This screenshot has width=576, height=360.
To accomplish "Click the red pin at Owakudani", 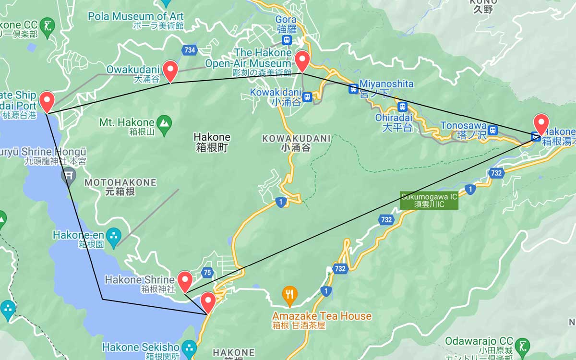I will click(x=170, y=71).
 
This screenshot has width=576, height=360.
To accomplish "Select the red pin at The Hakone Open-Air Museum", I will click(x=302, y=61).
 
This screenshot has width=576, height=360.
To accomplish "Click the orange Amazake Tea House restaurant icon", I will click(x=289, y=294).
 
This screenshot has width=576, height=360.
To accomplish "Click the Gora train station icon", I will click(x=287, y=40).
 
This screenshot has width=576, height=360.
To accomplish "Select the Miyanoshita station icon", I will click(x=353, y=89).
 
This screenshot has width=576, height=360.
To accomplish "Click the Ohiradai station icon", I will click(x=403, y=107).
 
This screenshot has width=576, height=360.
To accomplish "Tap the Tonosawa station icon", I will click(x=492, y=130).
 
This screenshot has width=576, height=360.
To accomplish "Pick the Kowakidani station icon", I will click(x=307, y=97).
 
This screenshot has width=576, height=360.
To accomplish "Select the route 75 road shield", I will click(x=207, y=272).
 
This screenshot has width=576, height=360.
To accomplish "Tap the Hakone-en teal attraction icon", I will click(x=114, y=236).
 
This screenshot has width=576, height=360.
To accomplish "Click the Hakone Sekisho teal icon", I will click(x=189, y=347).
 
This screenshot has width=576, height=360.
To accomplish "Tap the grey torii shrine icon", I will click(x=69, y=176).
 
